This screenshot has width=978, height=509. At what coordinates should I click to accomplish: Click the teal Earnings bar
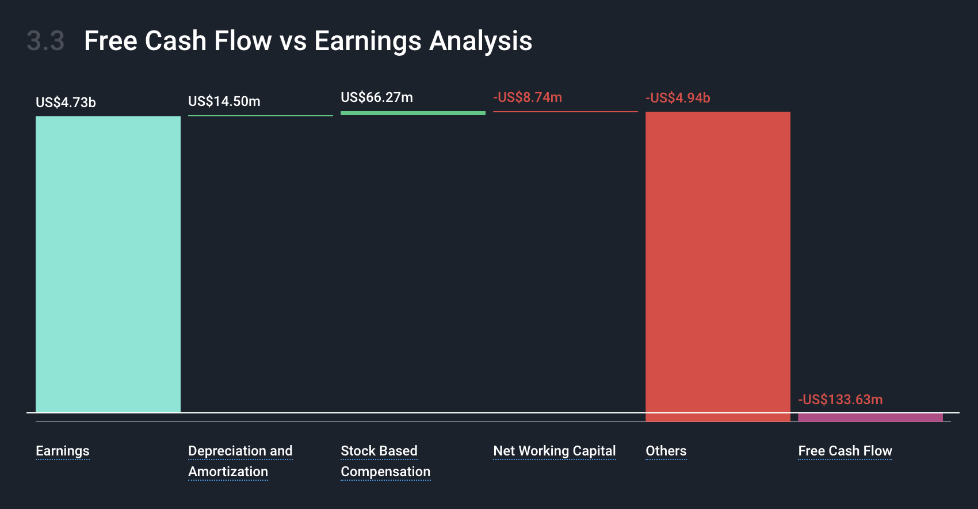coord(108,264)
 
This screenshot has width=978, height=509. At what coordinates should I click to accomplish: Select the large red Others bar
coord(718,267)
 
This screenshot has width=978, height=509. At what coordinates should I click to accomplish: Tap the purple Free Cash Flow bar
coord(870,417)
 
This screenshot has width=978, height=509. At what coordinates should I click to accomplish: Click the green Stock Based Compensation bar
coord(413,113)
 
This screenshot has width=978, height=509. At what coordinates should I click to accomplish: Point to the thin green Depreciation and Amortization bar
coord(261,116)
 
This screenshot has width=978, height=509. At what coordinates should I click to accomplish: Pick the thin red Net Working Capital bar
coord(566,112)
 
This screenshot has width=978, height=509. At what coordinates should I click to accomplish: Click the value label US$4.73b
coord(66,102)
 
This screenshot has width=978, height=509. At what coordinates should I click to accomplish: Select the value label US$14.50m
coord(224,101)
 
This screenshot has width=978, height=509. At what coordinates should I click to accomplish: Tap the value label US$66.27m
coord(377,97)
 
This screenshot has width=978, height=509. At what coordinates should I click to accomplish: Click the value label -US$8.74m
coord(528,97)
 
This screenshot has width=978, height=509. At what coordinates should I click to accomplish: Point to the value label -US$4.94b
coord(678,97)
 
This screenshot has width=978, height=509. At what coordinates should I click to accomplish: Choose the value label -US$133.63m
coord(841,400)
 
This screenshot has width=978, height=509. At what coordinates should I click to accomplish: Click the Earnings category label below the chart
coord(63,451)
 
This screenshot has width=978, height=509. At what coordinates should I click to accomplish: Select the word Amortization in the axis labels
coord(228,472)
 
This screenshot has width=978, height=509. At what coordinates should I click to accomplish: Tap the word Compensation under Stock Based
coord(385,472)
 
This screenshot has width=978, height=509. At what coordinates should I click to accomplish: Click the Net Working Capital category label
coord(555,451)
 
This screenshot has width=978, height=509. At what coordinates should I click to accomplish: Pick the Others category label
coord(666,451)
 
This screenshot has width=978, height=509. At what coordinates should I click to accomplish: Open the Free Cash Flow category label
coord(845,451)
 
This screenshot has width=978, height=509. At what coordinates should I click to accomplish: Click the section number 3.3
coord(46,41)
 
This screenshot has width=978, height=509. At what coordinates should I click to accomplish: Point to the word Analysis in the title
coord(481,41)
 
